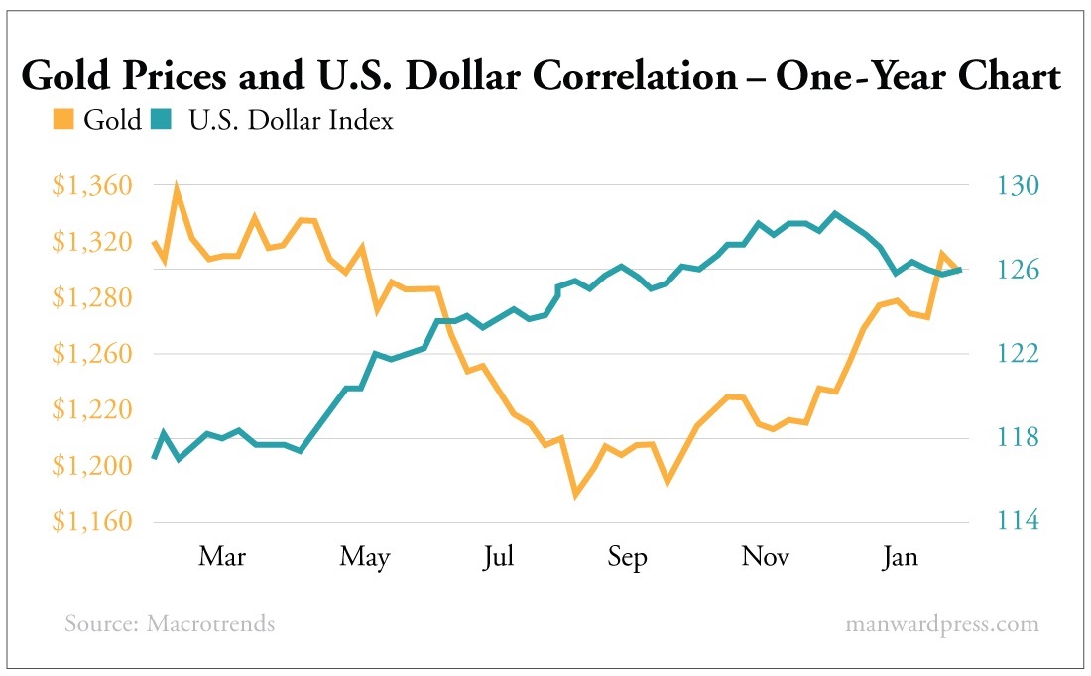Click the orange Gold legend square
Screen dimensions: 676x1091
(x=62, y=121)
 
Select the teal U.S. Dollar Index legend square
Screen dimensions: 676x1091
(x=161, y=121)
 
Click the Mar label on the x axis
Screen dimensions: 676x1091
(x=222, y=557)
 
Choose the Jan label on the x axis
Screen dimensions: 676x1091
(x=900, y=557)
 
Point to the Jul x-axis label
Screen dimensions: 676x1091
(x=498, y=557)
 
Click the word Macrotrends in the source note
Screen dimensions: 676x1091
(x=210, y=624)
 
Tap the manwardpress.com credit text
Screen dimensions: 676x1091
(x=942, y=624)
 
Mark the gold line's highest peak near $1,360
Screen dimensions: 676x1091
(x=177, y=189)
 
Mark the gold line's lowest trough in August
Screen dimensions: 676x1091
(x=575, y=493)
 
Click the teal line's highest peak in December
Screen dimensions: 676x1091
(x=835, y=213)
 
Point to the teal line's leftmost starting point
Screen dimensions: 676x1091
(x=154, y=457)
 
